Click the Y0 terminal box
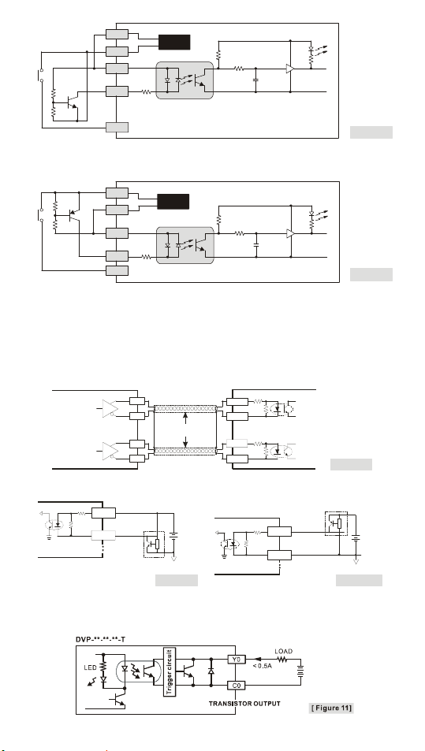click(x=237, y=660)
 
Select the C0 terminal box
click(x=237, y=686)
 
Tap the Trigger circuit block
click(x=170, y=672)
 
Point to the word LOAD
click(x=284, y=652)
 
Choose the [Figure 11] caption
click(x=331, y=708)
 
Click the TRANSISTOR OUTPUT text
click(x=244, y=704)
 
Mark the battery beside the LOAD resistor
click(x=301, y=672)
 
